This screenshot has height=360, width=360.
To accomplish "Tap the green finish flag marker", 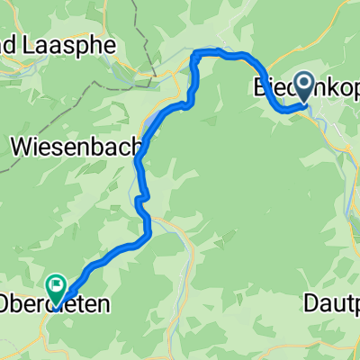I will [58, 286].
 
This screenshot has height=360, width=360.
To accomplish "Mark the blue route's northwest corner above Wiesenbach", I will [195, 56].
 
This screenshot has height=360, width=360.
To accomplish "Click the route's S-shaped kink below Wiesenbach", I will [140, 200].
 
